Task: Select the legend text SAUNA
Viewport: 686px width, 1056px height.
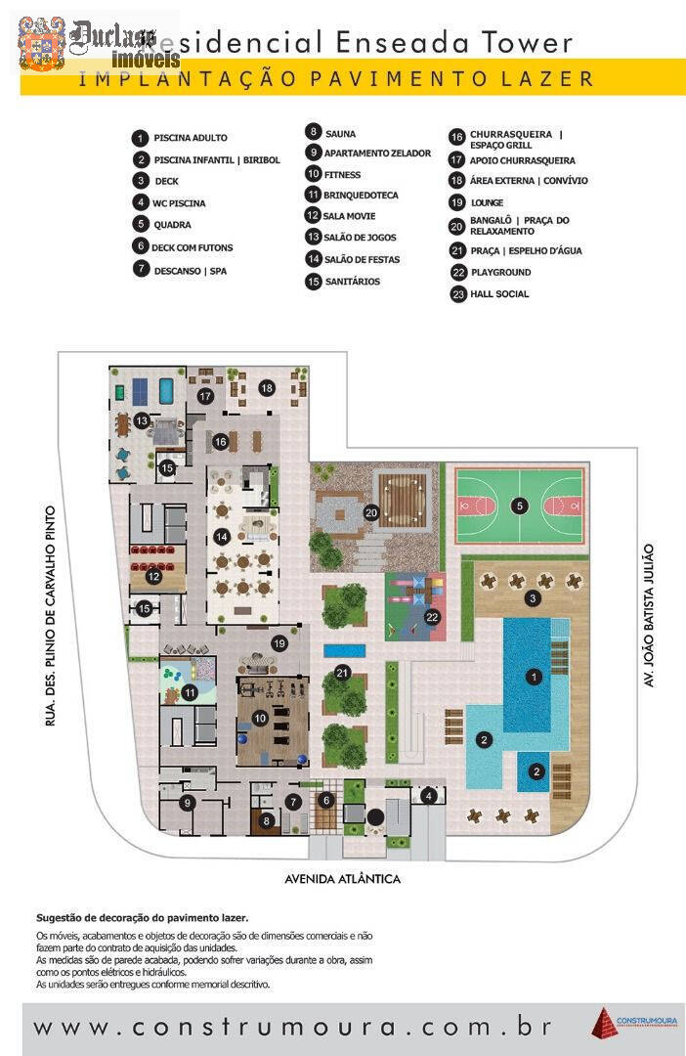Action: [x=340, y=133]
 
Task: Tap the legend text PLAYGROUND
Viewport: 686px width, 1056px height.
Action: [x=500, y=272]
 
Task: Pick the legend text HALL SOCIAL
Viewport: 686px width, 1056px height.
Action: [x=499, y=293]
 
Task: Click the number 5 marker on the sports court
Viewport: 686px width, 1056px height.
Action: [x=520, y=506]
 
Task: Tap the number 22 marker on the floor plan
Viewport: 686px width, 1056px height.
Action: [x=433, y=617]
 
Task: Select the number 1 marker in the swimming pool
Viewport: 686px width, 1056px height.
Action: [x=534, y=676]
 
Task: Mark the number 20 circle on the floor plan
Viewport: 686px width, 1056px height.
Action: [x=371, y=511]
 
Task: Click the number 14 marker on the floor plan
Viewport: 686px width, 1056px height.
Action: [x=222, y=536]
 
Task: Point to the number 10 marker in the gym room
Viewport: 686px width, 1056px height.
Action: [x=259, y=719]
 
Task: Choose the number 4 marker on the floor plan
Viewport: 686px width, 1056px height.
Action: [x=428, y=796]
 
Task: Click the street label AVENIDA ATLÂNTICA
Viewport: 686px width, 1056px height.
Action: [x=342, y=878]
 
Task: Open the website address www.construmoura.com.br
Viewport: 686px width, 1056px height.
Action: [x=293, y=1028]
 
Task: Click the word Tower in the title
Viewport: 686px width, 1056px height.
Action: [x=532, y=42]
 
